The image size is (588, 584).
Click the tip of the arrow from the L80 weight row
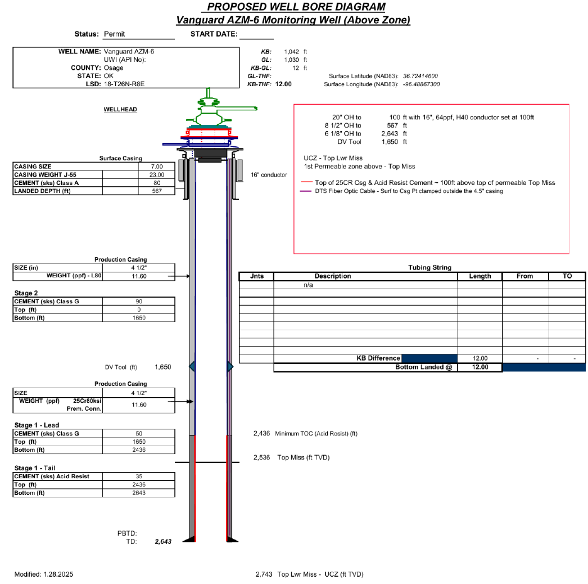tap(190, 276)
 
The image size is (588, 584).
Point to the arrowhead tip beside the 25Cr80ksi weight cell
tap(193, 402)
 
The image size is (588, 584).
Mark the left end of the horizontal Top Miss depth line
tap(175, 462)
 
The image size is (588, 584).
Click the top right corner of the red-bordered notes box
tap(569, 104)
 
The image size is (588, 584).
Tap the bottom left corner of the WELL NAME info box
tap(13, 88)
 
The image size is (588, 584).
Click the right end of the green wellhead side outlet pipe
tap(257, 109)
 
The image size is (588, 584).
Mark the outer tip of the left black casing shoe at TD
tap(183, 542)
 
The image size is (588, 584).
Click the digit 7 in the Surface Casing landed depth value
tap(160, 191)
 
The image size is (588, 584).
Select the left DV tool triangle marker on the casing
tap(192, 366)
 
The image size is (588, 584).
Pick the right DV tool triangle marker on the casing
tap(230, 366)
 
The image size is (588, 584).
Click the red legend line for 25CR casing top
tap(307, 182)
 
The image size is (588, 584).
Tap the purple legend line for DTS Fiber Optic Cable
tap(306, 191)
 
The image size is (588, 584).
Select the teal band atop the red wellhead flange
tap(209, 127)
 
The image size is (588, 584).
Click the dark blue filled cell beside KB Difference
tap(429, 358)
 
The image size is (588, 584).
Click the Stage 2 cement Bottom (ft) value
tap(139, 318)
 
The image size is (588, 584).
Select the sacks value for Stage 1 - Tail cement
tap(139, 477)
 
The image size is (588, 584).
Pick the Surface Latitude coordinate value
tap(420, 76)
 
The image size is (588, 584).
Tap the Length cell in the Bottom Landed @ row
tap(480, 367)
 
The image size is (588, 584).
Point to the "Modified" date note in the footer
tap(44, 574)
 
